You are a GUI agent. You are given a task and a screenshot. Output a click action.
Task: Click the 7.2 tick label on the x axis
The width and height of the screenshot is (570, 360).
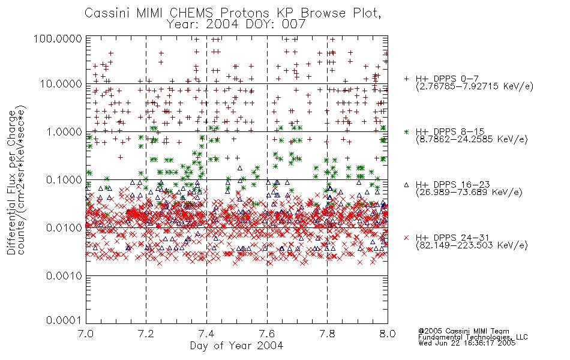146,334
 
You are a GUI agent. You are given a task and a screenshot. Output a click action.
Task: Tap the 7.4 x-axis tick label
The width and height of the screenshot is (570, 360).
207,334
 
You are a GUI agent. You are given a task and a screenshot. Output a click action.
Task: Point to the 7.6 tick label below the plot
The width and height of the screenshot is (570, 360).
267,334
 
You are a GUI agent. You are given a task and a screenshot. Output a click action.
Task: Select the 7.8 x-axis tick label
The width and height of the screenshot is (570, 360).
327,334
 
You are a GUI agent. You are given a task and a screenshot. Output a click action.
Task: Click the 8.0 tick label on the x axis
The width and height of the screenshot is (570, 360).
388,334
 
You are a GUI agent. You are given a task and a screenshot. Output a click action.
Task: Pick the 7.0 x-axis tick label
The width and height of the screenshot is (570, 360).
86,334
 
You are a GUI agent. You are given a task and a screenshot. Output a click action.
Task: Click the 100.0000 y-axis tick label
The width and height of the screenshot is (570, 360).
58,38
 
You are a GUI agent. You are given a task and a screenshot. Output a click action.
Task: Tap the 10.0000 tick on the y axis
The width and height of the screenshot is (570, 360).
61,84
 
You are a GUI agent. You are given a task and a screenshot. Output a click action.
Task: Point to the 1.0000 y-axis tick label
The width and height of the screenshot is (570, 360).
64,131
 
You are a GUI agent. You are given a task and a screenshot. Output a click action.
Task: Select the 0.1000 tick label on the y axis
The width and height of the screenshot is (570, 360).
64,179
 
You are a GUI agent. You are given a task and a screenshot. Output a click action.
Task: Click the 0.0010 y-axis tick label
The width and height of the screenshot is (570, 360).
64,276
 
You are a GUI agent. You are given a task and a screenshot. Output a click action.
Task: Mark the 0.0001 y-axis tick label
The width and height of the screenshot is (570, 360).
64,320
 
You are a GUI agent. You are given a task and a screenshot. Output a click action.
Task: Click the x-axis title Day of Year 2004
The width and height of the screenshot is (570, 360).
236,346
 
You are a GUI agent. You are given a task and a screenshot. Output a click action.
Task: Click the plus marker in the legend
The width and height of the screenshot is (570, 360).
406,79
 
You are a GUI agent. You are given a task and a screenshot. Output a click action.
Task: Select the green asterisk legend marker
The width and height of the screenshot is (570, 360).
406,131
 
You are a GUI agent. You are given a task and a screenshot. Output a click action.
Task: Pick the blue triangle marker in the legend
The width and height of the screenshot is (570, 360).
406,185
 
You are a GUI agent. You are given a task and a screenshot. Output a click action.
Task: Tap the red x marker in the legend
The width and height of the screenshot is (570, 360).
406,238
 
